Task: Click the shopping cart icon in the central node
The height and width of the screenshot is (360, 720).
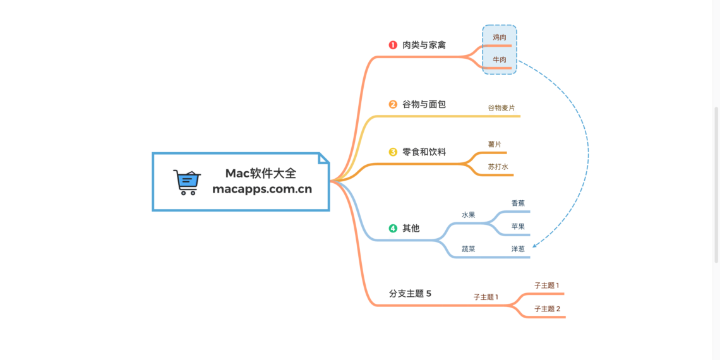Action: [x=186, y=182]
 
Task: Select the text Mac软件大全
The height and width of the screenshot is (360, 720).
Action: [x=261, y=173]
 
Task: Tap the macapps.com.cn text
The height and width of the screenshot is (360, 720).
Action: [x=262, y=189]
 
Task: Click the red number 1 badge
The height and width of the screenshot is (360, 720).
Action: [x=393, y=45]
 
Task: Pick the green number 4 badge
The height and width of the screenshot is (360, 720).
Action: [x=393, y=228]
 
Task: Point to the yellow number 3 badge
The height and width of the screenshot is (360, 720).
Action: [x=393, y=152]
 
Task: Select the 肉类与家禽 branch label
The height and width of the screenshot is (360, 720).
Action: [x=424, y=45]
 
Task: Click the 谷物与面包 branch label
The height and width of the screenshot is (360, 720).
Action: [x=424, y=104]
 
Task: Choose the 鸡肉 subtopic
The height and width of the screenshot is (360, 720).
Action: [x=499, y=37]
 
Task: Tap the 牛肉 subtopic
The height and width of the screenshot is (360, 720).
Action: [x=499, y=60]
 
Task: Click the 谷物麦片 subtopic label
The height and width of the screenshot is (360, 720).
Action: [x=501, y=108]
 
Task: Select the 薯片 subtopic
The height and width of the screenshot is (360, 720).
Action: [x=495, y=145]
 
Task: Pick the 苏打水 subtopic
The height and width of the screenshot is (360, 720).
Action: [x=498, y=167]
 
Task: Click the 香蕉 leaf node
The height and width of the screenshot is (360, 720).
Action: [x=518, y=203]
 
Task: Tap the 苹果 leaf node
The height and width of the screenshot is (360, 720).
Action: [x=518, y=226]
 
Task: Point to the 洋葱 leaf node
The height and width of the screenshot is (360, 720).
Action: [x=518, y=249]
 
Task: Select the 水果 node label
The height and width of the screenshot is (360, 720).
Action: [x=468, y=215]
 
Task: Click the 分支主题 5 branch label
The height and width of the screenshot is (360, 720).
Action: [x=410, y=294]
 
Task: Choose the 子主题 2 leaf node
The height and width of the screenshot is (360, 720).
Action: [x=547, y=309]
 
